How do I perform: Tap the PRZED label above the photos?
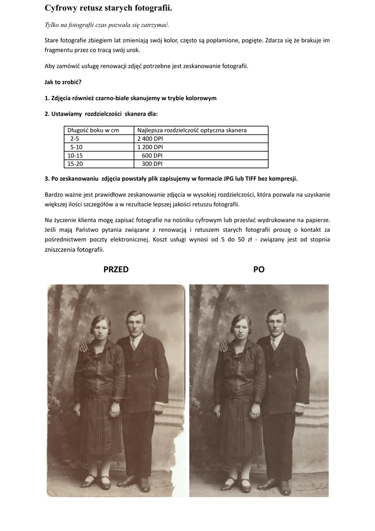116,269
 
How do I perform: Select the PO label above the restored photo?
259,269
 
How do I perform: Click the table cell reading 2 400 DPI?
150,138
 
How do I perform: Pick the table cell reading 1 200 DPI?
150,147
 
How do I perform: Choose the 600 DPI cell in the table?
152,155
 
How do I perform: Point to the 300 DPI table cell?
152,163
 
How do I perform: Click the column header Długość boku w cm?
93,130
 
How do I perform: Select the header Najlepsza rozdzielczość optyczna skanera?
192,130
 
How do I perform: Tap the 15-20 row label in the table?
75,163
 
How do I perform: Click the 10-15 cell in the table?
75,155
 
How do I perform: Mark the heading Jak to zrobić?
63,82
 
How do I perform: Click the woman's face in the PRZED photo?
99,329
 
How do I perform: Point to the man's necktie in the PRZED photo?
133,344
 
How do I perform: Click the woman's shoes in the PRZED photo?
97,482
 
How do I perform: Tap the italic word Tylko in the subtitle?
53,25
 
